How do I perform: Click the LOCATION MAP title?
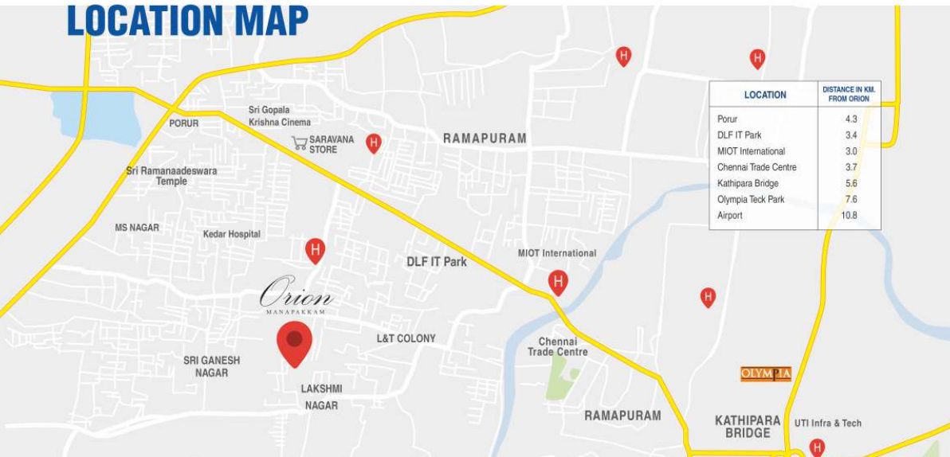pyautogui.click(x=187, y=21)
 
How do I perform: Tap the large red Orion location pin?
pyautogui.click(x=294, y=344)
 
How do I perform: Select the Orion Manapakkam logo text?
pyautogui.click(x=296, y=296)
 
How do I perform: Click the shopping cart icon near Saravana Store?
pyautogui.click(x=300, y=143)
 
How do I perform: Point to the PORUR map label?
pyautogui.click(x=184, y=123)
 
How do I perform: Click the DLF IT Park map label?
pyautogui.click(x=437, y=261)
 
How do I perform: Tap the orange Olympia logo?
pyautogui.click(x=766, y=373)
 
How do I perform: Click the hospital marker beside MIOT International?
pyautogui.click(x=558, y=282)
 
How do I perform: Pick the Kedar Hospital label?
pyautogui.click(x=232, y=234)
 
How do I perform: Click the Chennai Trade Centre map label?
pyautogui.click(x=558, y=346)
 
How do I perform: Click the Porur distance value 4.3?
pyautogui.click(x=851, y=119)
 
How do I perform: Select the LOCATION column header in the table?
pyautogui.click(x=765, y=95)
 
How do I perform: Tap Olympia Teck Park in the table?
pyautogui.click(x=751, y=200)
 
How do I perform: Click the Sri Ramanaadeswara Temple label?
pyautogui.click(x=171, y=176)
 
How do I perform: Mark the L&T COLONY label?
pyautogui.click(x=406, y=338)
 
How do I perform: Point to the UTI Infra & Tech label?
pyautogui.click(x=828, y=423)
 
